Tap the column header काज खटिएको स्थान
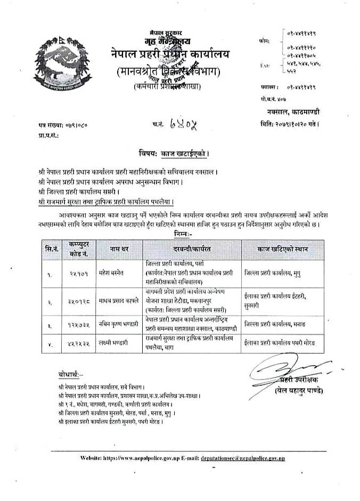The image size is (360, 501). click(282, 249)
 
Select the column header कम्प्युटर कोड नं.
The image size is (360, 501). click(75, 249)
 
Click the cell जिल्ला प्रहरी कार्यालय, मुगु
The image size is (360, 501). click(276, 272)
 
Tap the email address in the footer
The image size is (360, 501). click(250, 457)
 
